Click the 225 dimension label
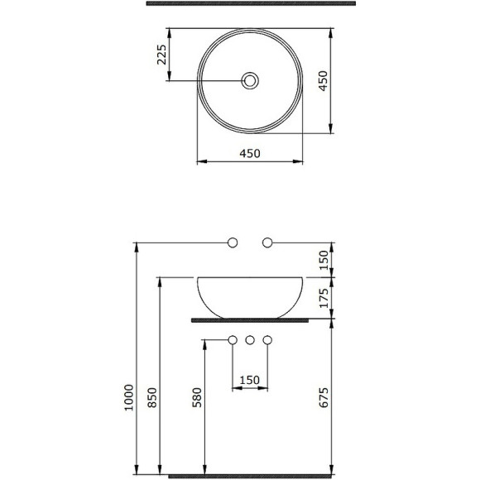tap(161, 55)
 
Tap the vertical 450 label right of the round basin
tap(323, 81)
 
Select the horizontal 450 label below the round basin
tap(250, 153)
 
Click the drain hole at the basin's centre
tap(250, 81)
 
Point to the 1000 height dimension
tap(129, 397)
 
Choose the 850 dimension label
tap(152, 397)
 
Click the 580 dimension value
tap(197, 397)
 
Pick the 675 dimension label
tap(324, 397)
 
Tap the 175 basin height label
tap(324, 298)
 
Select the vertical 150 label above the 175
tap(324, 260)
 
